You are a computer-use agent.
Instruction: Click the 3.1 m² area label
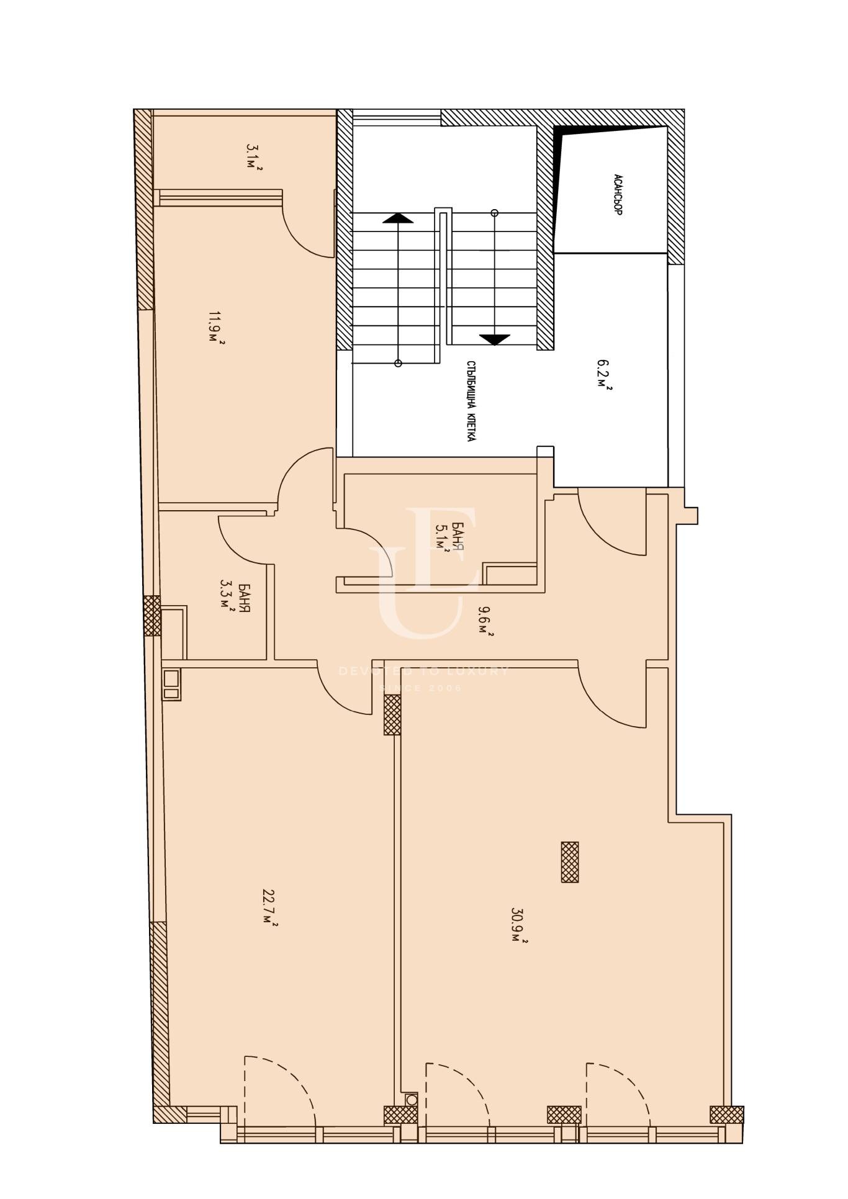pos(254,158)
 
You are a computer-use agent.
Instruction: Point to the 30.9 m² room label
pos(519,925)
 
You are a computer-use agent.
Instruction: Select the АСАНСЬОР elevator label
pos(618,194)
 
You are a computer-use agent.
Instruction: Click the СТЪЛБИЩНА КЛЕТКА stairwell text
pos(472,402)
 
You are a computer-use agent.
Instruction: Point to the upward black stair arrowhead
pos(398,218)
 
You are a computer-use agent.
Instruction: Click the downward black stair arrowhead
pos(495,339)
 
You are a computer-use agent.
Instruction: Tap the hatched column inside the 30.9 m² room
pos(570,862)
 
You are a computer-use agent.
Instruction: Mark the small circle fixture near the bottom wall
pos(412,1099)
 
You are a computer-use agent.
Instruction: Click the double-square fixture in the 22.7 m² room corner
pos(172,685)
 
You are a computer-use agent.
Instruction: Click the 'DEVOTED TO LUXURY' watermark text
pos(424,671)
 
